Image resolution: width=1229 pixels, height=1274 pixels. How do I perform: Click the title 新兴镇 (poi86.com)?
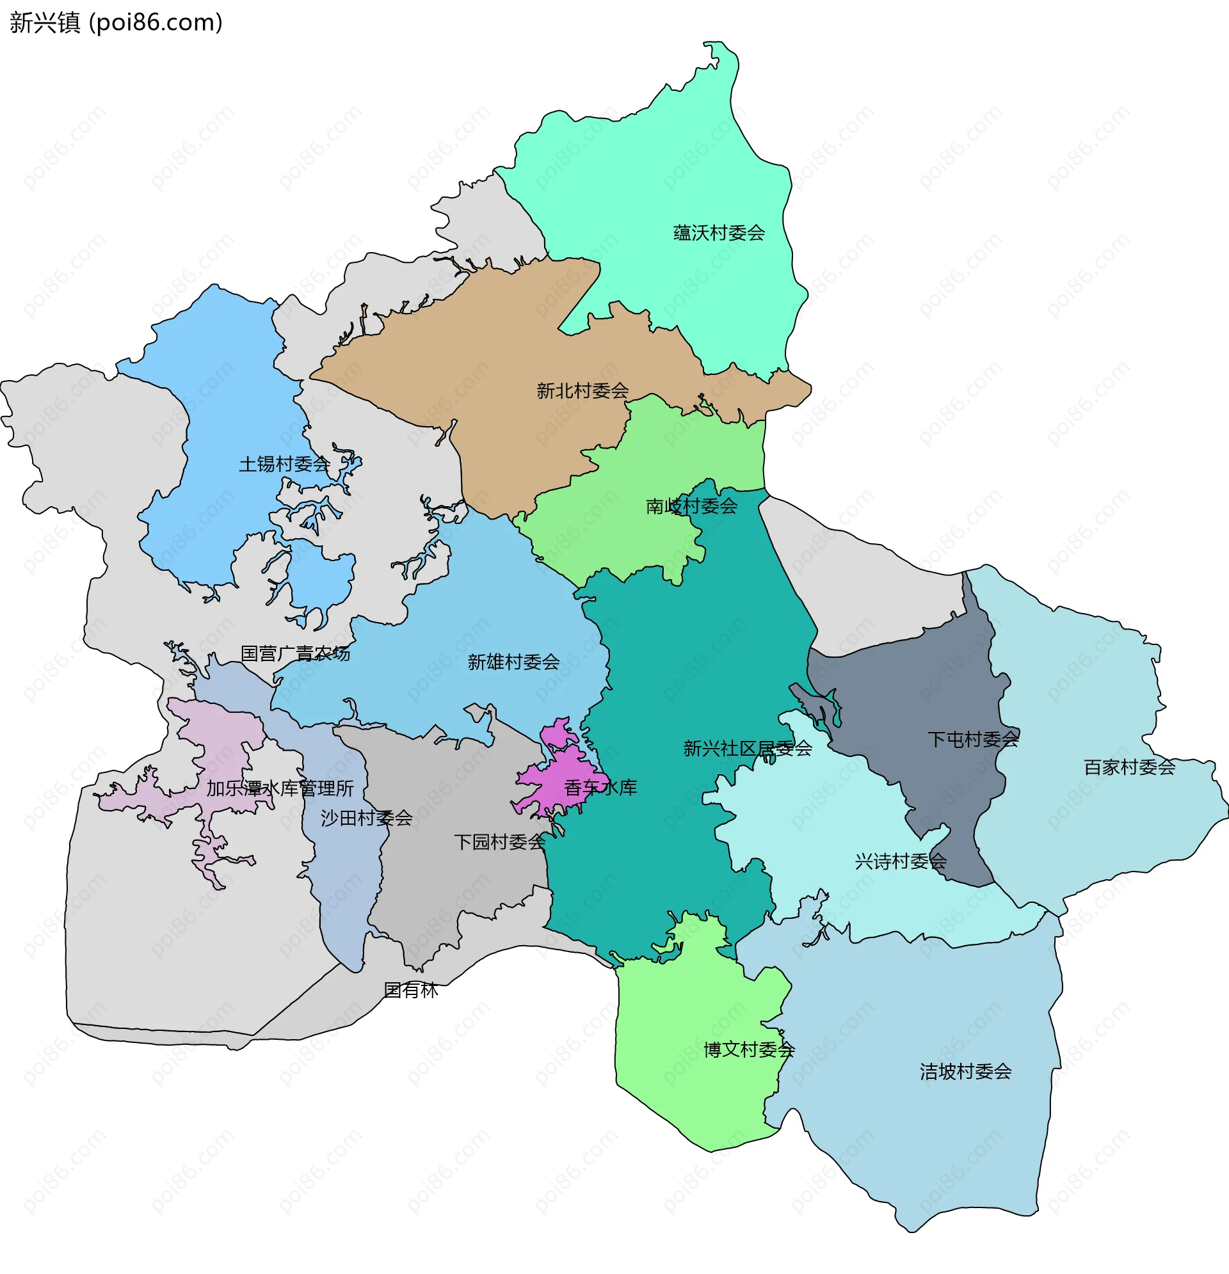pos(116,23)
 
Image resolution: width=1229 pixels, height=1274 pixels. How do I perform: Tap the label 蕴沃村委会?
pos(719,233)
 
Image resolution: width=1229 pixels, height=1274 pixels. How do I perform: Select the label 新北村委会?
pos(582,391)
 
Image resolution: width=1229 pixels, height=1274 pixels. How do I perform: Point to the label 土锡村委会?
pos(284,464)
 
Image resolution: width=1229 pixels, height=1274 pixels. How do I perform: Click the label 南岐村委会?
pos(691,506)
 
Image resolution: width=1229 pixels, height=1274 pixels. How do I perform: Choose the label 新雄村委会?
pos(513,662)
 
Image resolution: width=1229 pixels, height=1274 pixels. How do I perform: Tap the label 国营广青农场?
pos(295,653)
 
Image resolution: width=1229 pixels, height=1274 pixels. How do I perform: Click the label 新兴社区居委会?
pos(747,748)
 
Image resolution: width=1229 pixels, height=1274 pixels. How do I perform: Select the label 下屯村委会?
pos(973,739)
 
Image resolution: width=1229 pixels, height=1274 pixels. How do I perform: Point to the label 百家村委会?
pos(1129,767)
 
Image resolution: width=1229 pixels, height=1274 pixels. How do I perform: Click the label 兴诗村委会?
pos(900,861)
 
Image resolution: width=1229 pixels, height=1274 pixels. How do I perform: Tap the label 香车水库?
pos(600,788)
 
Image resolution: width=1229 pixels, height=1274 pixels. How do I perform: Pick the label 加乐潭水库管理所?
pos(280,788)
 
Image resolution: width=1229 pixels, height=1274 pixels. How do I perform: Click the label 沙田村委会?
pos(366,818)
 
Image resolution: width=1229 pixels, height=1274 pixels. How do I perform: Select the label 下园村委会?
pos(499,841)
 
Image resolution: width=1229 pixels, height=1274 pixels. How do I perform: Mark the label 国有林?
pos(411,990)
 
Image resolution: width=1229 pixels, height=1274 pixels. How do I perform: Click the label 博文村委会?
pos(749,1049)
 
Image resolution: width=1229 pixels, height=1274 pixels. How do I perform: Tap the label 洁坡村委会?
pos(965,1071)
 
